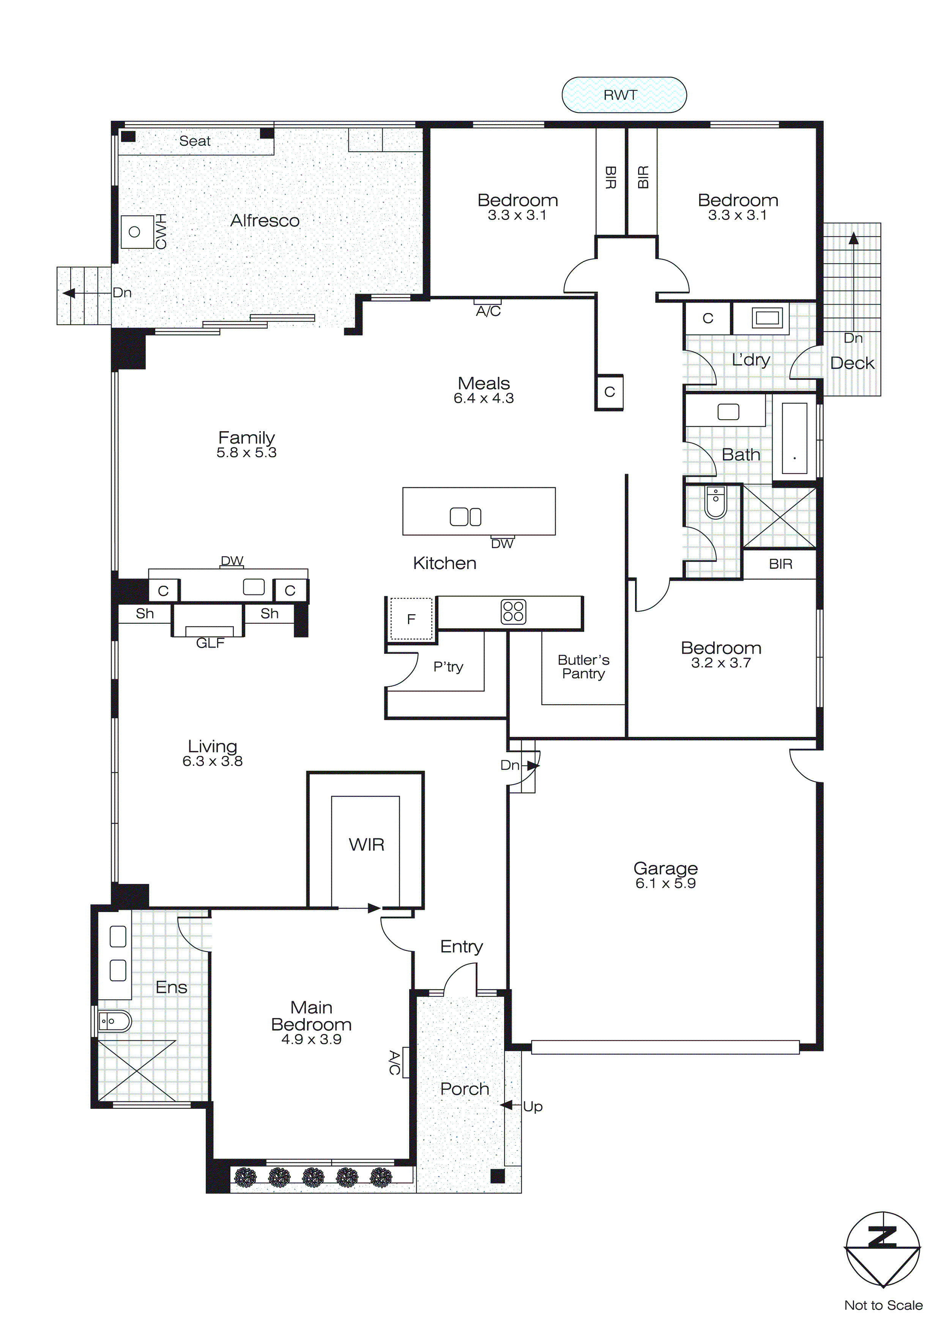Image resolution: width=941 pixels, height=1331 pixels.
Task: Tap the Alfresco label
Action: pyautogui.click(x=265, y=221)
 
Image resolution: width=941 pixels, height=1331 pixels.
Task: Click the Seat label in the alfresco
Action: pyautogui.click(x=195, y=141)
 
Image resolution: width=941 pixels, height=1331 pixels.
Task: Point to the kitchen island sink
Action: pyautogui.click(x=465, y=517)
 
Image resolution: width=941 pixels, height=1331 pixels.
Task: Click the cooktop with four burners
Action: pyautogui.click(x=513, y=612)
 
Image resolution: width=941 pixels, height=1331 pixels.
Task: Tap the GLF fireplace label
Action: pyautogui.click(x=210, y=643)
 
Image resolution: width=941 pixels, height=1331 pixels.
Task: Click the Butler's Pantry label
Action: pyautogui.click(x=583, y=667)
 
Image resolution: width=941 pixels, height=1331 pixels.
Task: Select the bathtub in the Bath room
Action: pyautogui.click(x=794, y=438)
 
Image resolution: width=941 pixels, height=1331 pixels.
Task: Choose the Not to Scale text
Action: pyautogui.click(x=883, y=1305)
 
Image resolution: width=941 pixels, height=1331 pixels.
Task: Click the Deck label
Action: pyautogui.click(x=852, y=364)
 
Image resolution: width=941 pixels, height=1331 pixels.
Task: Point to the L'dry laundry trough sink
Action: pyautogui.click(x=767, y=318)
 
